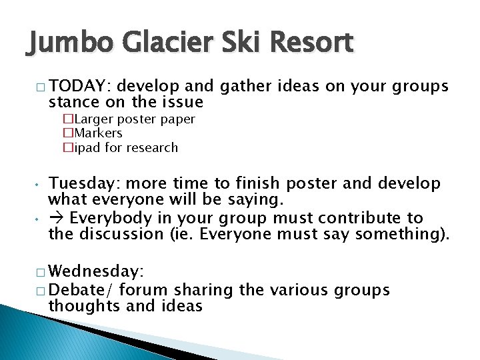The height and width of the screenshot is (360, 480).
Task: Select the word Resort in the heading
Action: (311, 43)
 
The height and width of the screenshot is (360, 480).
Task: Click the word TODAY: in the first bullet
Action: (83, 87)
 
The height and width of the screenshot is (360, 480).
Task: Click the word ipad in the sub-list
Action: (83, 147)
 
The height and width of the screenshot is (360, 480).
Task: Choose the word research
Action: (154, 147)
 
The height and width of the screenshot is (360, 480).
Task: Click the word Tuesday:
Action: (85, 183)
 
